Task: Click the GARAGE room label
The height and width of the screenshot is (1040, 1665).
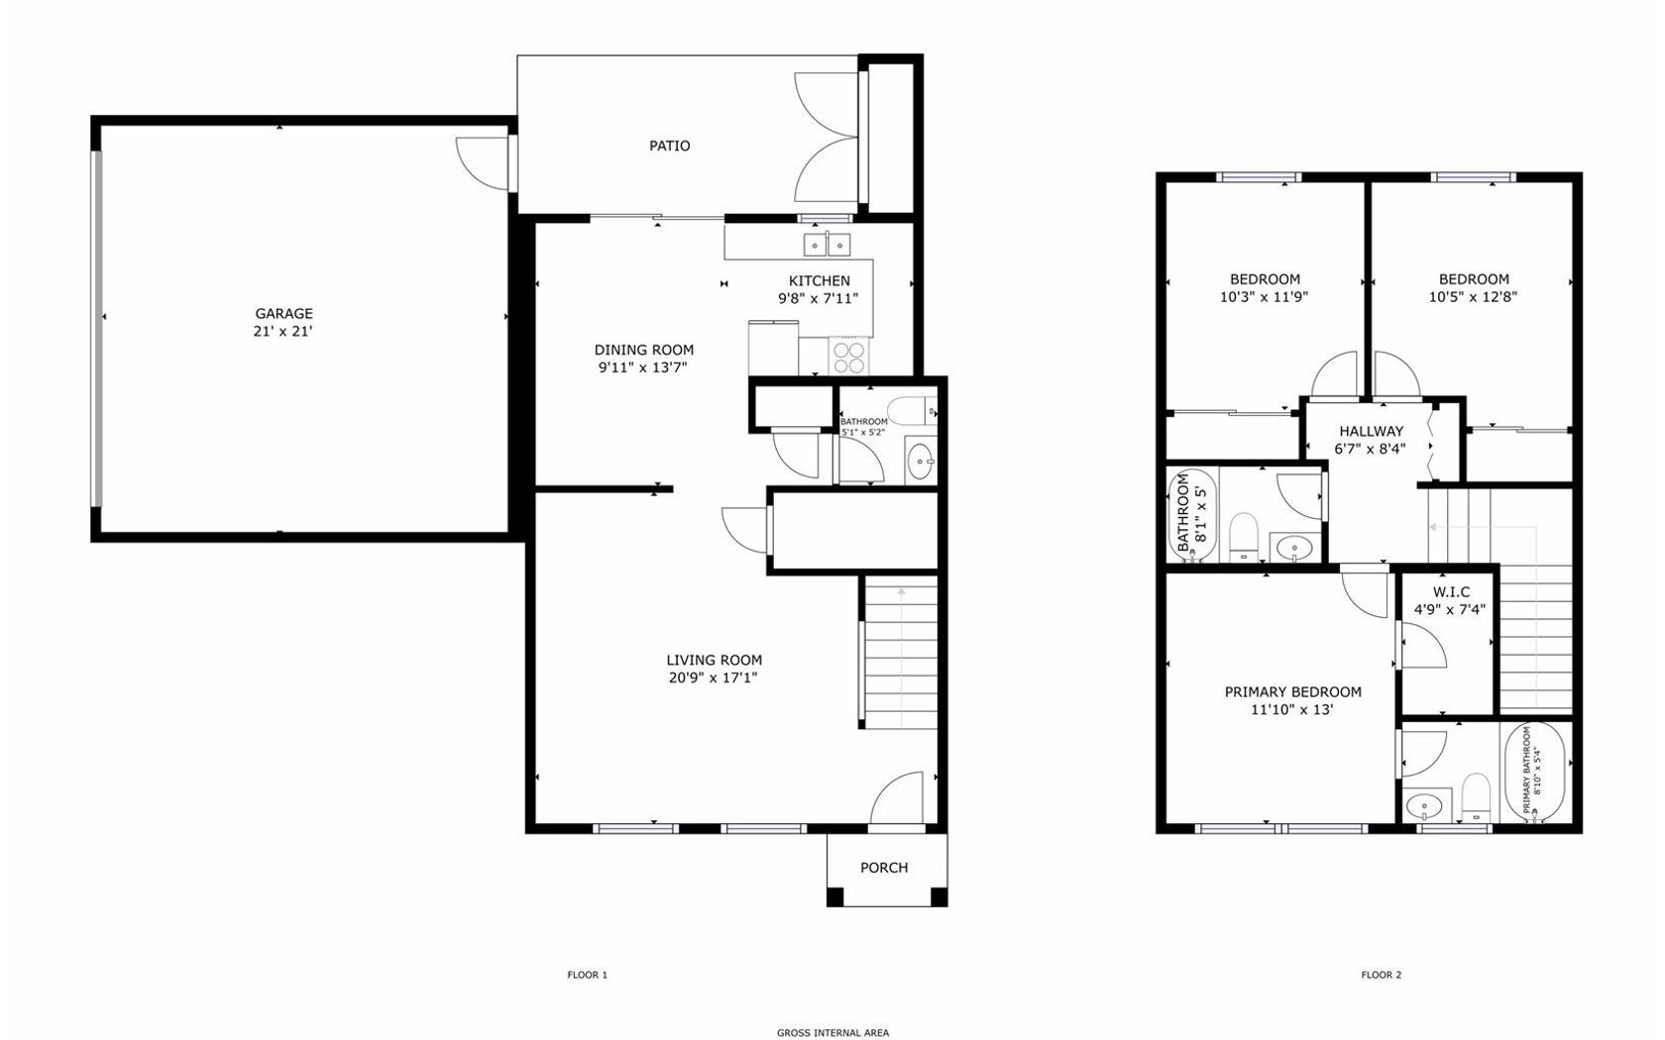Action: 283,313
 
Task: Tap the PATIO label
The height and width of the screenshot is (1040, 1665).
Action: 670,146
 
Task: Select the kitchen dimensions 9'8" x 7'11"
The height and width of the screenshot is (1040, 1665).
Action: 819,299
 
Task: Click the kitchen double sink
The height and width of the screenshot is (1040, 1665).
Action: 828,245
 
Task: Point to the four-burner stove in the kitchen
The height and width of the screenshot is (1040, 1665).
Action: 849,357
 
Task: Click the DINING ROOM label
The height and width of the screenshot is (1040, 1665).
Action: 644,350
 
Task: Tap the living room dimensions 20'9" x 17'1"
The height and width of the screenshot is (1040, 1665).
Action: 713,677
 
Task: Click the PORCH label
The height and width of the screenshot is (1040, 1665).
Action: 884,868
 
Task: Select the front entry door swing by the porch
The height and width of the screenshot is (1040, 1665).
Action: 896,798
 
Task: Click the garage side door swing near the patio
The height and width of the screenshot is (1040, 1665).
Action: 482,163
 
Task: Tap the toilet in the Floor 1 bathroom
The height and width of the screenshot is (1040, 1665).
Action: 912,411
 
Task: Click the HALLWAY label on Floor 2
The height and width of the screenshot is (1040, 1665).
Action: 1372,431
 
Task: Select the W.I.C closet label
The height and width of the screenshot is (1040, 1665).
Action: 1451,592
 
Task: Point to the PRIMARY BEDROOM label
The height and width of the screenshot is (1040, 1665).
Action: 1292,691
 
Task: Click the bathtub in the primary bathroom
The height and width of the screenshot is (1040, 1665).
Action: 1536,773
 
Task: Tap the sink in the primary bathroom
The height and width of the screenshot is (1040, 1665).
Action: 1425,805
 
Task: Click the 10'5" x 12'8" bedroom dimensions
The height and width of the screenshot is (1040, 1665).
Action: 1473,297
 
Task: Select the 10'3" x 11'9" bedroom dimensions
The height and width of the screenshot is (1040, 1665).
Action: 1264,297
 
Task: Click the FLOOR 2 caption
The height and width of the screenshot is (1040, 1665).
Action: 1382,975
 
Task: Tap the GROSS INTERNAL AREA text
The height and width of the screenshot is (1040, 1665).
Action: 832,1032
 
